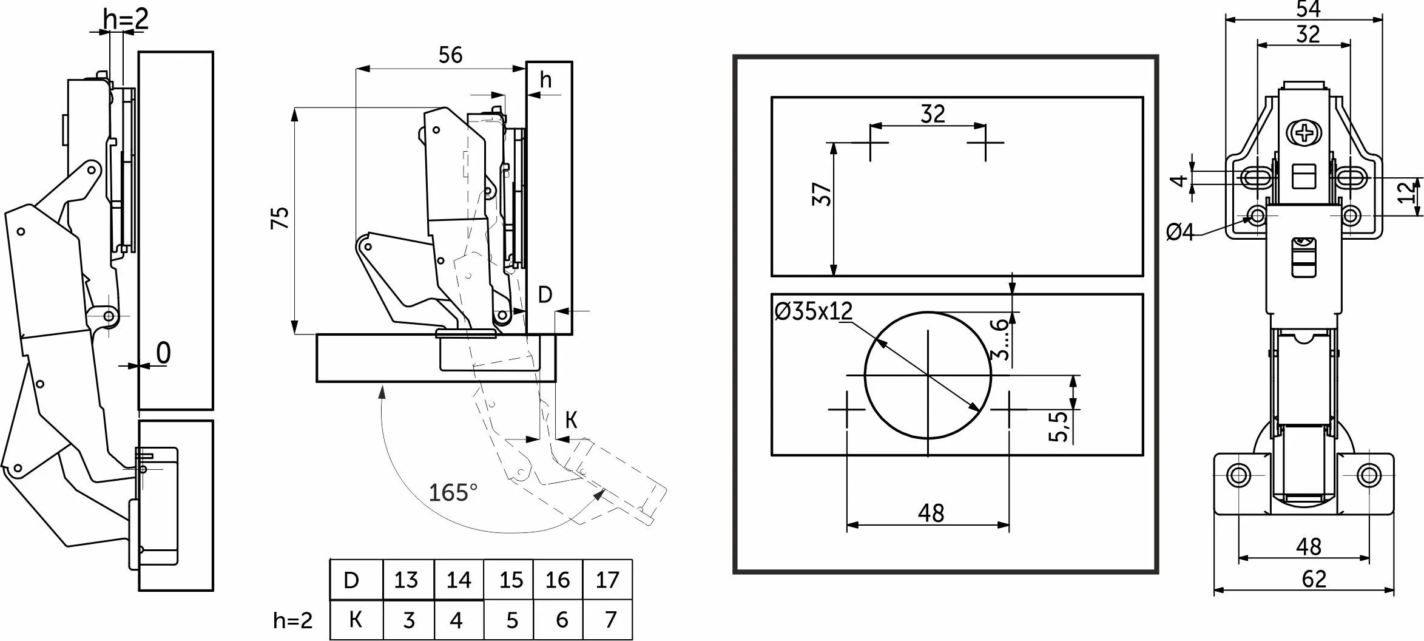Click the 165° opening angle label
tap(453, 492)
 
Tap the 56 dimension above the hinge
tap(450, 55)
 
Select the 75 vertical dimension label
tap(280, 218)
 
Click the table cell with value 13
tap(407, 581)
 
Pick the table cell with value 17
tap(607, 581)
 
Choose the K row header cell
tap(356, 620)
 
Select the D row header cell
tap(351, 581)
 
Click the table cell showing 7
tap(610, 620)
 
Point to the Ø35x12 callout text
tap(814, 312)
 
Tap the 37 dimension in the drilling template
tap(822, 194)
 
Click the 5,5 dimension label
tap(1057, 426)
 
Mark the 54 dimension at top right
tap(1308, 9)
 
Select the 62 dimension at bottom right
tap(1314, 579)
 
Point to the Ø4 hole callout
tap(1180, 232)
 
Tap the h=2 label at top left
tap(126, 19)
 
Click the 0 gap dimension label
tap(163, 353)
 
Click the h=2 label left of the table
tap(293, 620)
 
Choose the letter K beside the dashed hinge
tap(571, 420)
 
